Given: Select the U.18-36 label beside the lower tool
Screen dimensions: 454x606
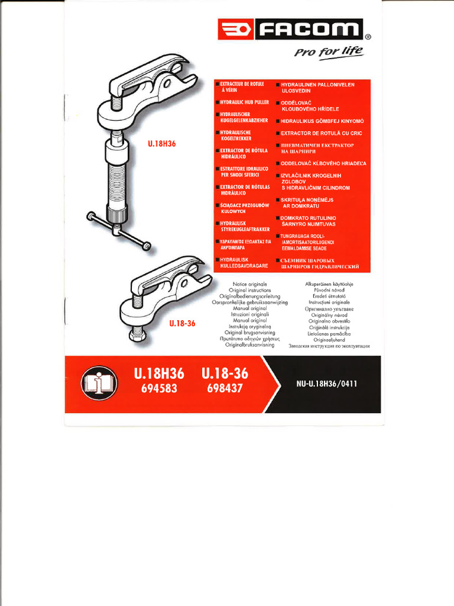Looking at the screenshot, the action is (181, 324).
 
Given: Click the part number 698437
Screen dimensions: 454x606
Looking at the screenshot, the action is (225, 388).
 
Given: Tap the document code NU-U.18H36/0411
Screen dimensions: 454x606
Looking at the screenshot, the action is (327, 384).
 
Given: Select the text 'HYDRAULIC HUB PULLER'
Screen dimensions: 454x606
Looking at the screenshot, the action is (244, 102).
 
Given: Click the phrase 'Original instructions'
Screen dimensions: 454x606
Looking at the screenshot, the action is (249, 290).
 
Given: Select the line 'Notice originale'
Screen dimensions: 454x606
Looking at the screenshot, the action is (249, 284).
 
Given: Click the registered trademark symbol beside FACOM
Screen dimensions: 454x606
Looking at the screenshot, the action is (367, 37).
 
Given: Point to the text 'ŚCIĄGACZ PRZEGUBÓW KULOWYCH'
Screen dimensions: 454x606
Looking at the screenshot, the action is (244, 208).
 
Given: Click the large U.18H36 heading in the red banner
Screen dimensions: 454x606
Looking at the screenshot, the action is (155, 374).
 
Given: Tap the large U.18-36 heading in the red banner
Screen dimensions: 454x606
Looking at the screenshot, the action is (225, 374).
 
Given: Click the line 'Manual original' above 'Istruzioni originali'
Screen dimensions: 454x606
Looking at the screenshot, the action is (249, 308).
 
